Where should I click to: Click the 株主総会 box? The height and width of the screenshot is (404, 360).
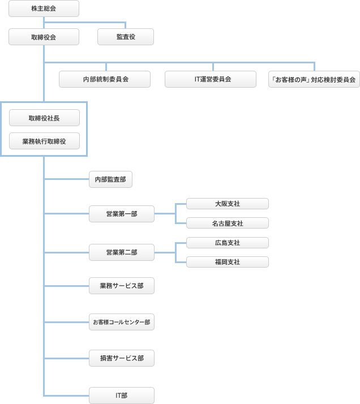(44, 9)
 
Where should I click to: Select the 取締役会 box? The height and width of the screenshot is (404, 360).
(44, 37)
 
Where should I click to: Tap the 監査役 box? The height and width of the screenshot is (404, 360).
(125, 37)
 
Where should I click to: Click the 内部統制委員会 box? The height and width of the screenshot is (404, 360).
(105, 79)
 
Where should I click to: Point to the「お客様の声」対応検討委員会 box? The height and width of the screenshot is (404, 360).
(314, 79)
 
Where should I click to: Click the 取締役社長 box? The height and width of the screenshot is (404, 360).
(44, 118)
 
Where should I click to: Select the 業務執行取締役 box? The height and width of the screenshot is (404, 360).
(44, 141)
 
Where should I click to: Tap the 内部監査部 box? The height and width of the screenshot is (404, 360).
(110, 179)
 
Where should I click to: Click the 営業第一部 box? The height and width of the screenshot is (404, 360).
(122, 213)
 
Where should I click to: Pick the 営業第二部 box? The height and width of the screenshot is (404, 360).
(122, 252)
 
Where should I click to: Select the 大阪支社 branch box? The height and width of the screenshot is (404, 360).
(227, 204)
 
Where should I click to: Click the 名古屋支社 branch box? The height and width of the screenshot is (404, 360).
(227, 223)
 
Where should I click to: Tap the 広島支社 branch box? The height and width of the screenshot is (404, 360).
(227, 243)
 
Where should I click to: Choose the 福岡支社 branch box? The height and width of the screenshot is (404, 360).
(227, 262)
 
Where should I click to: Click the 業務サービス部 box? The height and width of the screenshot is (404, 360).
(122, 286)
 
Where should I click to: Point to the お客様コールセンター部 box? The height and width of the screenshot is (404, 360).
(122, 322)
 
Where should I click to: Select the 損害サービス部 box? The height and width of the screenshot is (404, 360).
(122, 358)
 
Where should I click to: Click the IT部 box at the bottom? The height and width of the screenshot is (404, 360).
(122, 395)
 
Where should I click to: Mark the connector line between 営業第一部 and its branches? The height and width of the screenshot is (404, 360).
(165, 213)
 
